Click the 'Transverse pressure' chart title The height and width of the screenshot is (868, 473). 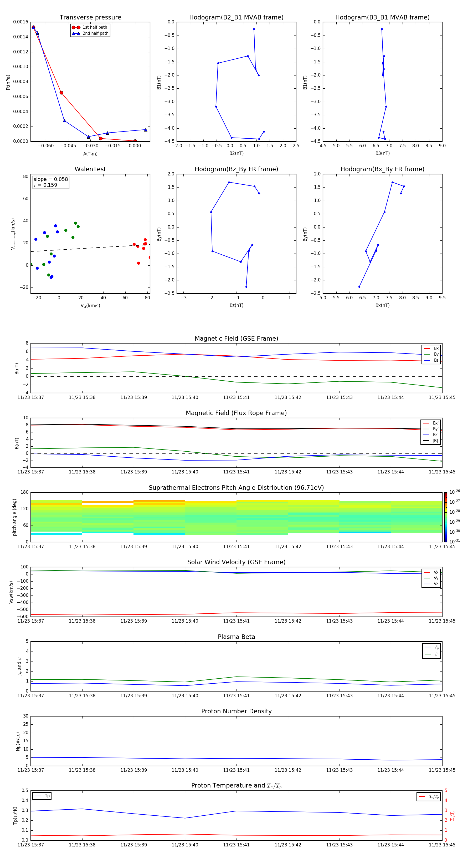click(x=90, y=18)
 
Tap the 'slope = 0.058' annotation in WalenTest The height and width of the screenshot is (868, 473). click(x=50, y=179)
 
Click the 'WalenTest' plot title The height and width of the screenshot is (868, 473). click(x=90, y=169)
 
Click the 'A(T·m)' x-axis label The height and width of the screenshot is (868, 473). click(x=90, y=154)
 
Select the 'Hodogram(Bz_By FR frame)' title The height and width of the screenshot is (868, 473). click(x=236, y=169)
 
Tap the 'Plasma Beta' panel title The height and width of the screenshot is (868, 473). click(x=236, y=637)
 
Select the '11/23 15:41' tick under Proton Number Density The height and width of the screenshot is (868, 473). click(x=236, y=770)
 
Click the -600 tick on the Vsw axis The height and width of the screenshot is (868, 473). click(x=22, y=617)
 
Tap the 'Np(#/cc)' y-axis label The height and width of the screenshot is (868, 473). click(x=18, y=741)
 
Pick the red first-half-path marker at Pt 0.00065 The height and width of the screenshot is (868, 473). click(x=61, y=93)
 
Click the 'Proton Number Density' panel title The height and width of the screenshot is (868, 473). click(x=236, y=711)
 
